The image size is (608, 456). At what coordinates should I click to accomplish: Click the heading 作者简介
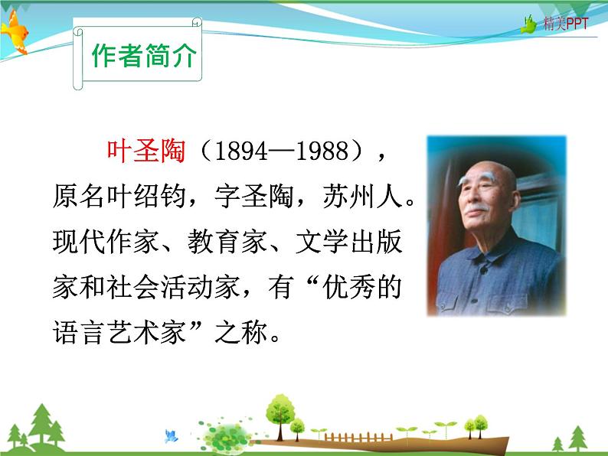click(x=143, y=57)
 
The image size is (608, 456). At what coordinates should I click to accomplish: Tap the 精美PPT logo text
click(x=566, y=24)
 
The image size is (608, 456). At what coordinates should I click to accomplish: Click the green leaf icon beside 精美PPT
click(x=529, y=25)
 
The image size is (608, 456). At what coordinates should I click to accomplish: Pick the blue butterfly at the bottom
click(x=171, y=436)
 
